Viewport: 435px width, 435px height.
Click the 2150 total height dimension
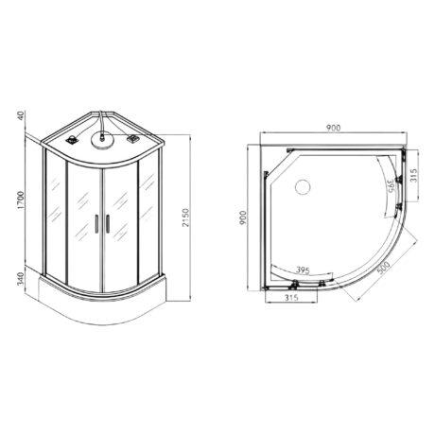(185, 217)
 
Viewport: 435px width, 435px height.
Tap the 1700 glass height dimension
(21, 200)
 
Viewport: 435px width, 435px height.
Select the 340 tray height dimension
(21, 279)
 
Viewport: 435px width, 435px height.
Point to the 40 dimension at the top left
(21, 115)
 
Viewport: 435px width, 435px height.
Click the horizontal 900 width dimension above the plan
(333, 128)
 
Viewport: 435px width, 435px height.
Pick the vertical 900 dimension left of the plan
(243, 217)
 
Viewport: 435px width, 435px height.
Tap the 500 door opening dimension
(383, 268)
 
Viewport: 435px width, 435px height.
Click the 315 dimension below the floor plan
(291, 297)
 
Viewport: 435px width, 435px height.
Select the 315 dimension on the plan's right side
(413, 175)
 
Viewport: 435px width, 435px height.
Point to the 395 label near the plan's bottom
(303, 270)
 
